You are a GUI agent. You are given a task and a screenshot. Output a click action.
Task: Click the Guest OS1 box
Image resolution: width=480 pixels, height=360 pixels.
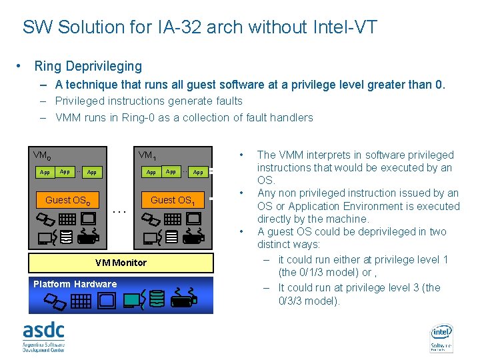point(173,200)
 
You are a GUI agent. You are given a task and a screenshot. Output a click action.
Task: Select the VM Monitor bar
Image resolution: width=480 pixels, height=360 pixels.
point(121,263)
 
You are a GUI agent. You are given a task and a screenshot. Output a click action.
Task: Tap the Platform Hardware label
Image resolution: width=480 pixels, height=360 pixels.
point(75,284)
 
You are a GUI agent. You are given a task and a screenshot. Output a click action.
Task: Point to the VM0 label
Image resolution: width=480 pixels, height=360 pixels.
point(41,155)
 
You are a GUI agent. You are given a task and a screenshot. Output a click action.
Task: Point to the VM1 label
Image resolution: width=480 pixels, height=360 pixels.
point(147,155)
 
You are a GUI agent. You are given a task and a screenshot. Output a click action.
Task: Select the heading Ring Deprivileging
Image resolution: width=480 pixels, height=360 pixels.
point(88,66)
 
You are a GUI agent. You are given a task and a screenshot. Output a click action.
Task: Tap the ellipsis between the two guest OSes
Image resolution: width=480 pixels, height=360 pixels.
point(120,211)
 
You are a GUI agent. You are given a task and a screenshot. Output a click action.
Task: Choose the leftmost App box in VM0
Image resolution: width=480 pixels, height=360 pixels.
point(45,172)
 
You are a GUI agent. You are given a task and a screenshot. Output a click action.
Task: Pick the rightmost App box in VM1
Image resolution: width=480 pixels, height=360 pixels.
point(198,172)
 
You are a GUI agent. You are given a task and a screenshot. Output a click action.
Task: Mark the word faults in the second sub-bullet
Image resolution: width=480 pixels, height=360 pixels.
point(227,101)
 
